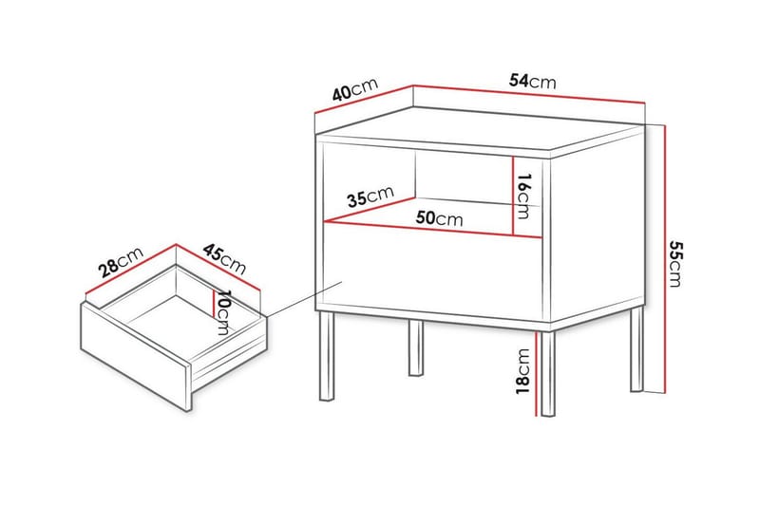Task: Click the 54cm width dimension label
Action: point(532,81)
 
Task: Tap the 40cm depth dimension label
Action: point(354,89)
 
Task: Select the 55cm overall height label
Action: point(674,263)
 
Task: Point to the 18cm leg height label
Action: point(523,371)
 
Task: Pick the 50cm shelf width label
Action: point(439,218)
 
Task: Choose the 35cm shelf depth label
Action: point(370,197)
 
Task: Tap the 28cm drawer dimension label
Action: point(121,262)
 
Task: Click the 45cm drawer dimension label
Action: point(224,258)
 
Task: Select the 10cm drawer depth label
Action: point(223,312)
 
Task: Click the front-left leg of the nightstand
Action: point(327,356)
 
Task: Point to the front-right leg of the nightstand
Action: point(548,373)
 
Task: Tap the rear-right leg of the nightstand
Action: point(636,348)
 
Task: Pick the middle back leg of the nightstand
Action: point(416,347)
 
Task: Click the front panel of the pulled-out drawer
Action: point(136,356)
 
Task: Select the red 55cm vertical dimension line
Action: point(666,259)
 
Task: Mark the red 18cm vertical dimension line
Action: point(536,373)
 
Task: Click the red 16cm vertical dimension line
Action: point(513,196)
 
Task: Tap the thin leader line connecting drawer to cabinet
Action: point(304,299)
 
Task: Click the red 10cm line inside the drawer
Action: point(212,303)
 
